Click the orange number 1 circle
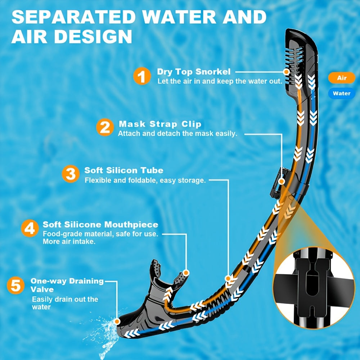142,77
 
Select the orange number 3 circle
71,174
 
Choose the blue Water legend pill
341,94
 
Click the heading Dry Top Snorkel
194,72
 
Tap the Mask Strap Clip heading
160,124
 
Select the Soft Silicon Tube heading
124,170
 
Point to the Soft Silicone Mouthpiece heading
100,225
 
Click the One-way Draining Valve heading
67,285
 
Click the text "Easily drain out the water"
65,303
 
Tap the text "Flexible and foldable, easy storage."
145,180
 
